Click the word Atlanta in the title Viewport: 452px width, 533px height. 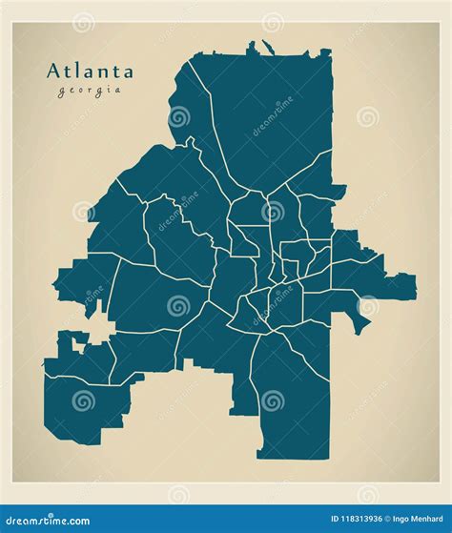point(90,71)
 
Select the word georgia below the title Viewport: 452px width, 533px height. point(90,91)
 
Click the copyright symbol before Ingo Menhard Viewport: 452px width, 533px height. point(372,519)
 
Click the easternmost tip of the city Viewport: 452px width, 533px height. point(415,280)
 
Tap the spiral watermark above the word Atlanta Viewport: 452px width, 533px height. point(83,22)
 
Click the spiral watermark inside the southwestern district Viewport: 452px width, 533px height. point(83,401)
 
